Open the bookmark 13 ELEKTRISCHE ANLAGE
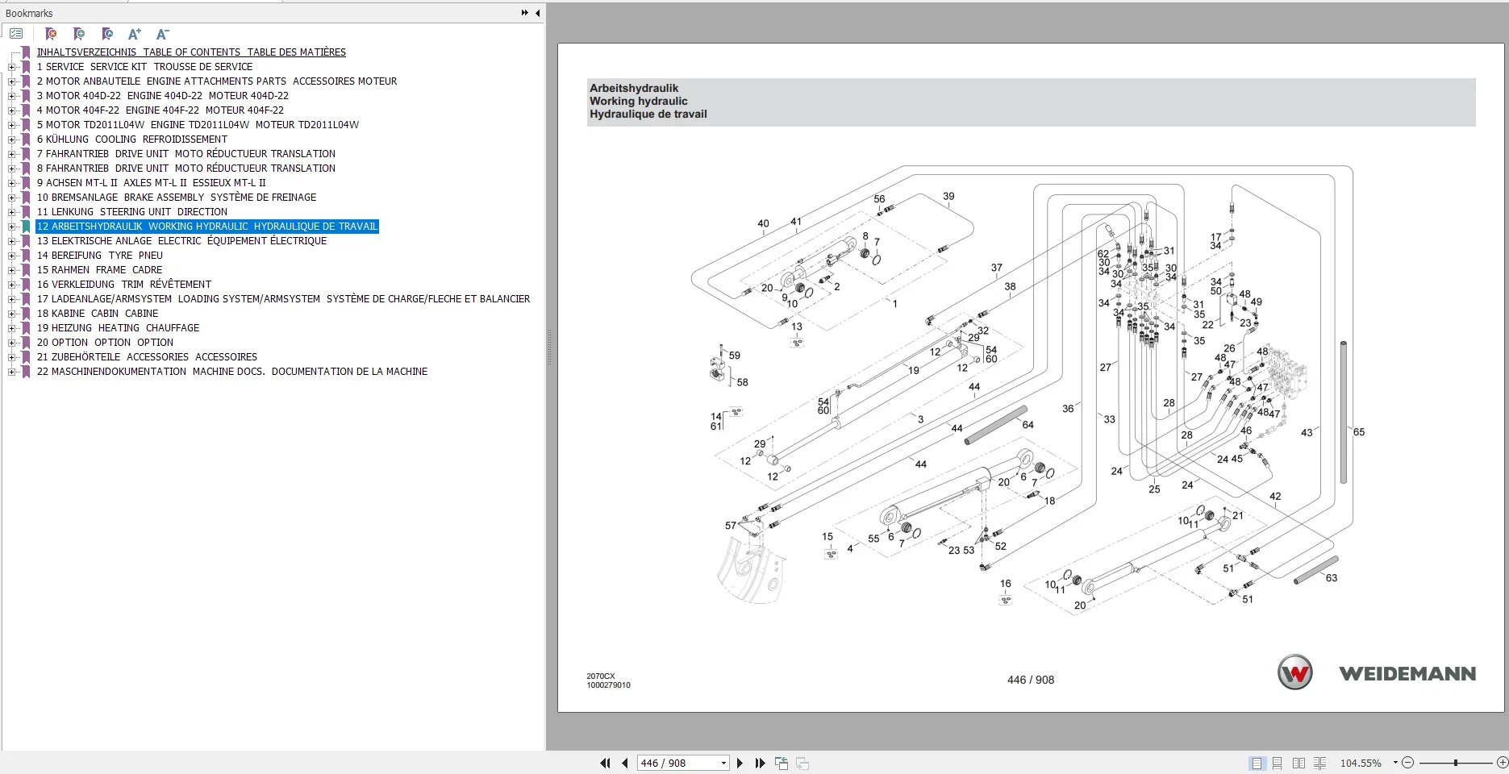coord(181,241)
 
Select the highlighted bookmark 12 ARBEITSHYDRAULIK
coord(206,227)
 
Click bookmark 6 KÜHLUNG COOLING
coord(131,139)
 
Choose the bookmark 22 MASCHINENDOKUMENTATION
coord(231,372)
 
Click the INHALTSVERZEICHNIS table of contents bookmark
coord(191,52)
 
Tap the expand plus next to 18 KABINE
coord(11,314)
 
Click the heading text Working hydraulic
coord(638,102)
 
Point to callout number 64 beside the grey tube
coord(1028,425)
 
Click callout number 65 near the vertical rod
coord(1358,432)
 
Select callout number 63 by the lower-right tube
coord(1331,578)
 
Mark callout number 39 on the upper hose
coord(948,196)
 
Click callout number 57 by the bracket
coord(730,526)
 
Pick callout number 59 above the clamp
coord(734,356)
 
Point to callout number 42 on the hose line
coord(1274,497)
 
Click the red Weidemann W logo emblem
coord(1295,673)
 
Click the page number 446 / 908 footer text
coord(1030,680)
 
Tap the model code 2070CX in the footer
coord(600,676)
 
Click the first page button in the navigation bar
coord(605,763)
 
